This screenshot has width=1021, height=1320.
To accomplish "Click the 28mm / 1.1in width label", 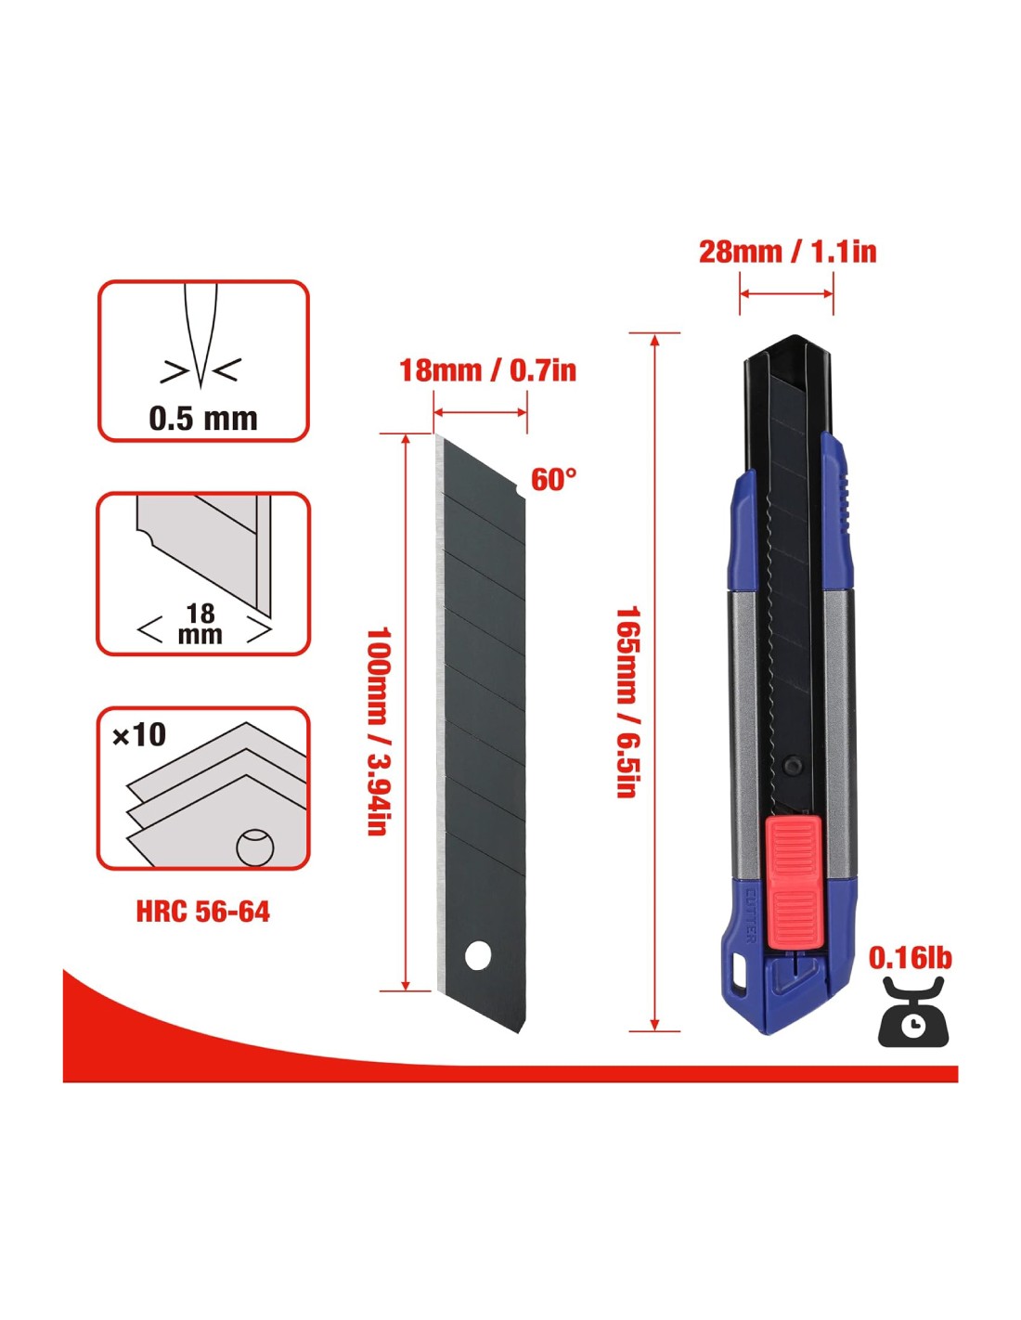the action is [788, 252].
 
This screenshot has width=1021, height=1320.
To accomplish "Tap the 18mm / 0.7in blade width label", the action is [487, 370].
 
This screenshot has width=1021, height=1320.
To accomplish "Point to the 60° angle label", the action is [553, 479].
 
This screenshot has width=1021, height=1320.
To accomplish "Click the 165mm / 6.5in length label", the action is [626, 702].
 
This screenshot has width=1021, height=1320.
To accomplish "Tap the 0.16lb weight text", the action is [910, 958].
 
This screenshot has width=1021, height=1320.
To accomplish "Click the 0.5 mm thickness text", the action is [203, 419].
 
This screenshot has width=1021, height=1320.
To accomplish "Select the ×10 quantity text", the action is [139, 734].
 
